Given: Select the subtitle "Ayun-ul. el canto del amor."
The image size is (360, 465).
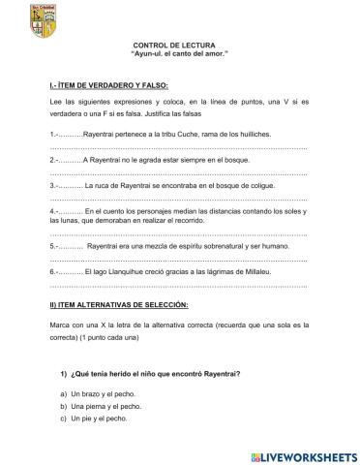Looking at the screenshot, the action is pos(184,56).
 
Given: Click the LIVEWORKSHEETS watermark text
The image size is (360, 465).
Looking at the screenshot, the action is pos(300,453).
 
